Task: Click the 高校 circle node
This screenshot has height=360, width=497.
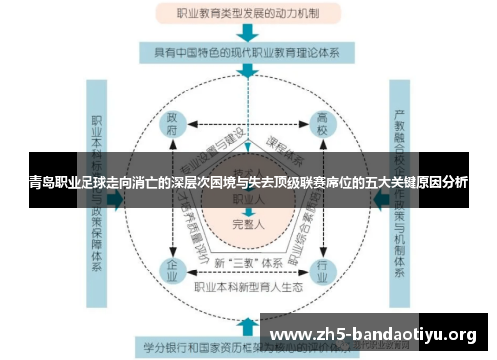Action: tap(324, 127)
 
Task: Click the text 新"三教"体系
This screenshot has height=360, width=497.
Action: tap(248, 263)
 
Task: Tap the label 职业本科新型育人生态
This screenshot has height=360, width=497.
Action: tap(248, 287)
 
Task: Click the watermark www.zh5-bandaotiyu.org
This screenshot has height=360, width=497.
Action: tap(378, 333)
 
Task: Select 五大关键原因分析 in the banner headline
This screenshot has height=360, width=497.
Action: tap(418, 184)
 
